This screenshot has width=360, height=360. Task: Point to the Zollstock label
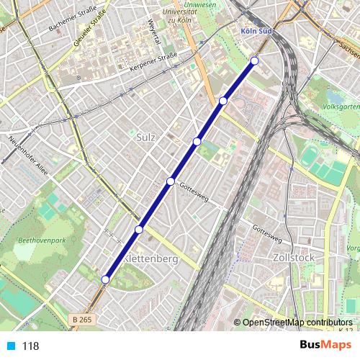click(292, 257)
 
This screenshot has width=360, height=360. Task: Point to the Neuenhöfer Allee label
click(26, 153)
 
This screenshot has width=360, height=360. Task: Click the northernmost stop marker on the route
click(254, 60)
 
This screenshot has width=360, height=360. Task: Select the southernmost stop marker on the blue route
click(106, 279)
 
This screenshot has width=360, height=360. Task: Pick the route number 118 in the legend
click(31, 346)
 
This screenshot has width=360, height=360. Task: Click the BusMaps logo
click(321, 345)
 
